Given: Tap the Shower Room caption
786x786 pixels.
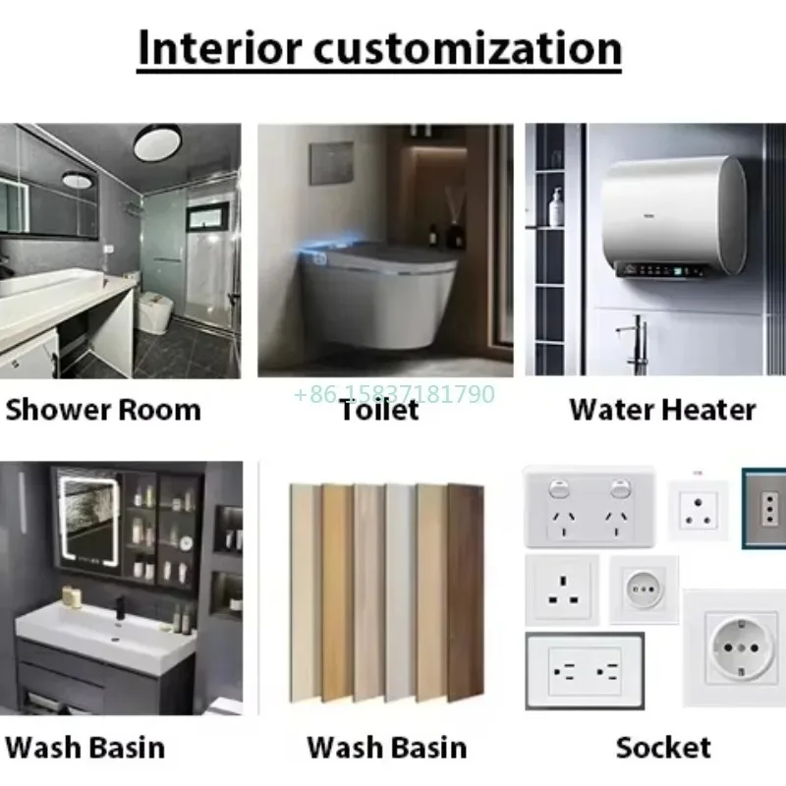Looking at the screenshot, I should [102, 410].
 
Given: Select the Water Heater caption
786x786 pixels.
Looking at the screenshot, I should [662, 410].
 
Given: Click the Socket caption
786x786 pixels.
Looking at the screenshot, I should [663, 747].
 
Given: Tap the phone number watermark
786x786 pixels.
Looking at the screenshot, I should [394, 395].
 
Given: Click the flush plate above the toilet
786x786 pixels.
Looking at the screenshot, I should [332, 163].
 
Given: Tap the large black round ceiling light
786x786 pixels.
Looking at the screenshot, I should [157, 142].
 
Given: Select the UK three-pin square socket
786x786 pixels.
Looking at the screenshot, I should [561, 589].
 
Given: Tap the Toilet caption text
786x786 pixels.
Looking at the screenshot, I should [379, 410].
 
